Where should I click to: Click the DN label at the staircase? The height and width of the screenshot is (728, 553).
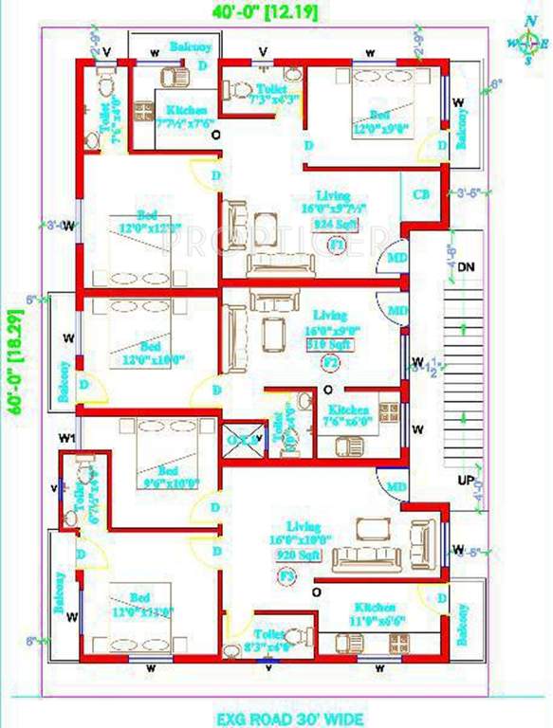pos(465,268)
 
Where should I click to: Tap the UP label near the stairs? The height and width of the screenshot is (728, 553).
pos(465,481)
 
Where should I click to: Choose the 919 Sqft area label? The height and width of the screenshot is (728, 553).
pos(329,345)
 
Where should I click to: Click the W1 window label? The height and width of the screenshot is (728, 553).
pos(64,437)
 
